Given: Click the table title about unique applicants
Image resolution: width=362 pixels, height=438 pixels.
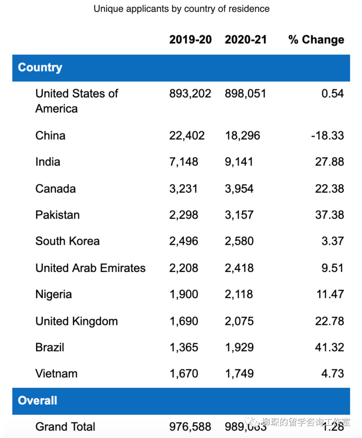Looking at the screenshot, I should click(x=181, y=9).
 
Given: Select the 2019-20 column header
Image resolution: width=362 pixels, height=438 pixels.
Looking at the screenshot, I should click(x=190, y=40).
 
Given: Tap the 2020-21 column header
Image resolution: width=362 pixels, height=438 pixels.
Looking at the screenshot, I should click(x=246, y=40).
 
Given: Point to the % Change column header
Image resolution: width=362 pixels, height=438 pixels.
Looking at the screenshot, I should click(x=316, y=40).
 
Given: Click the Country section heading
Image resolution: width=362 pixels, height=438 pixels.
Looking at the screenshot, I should click(x=40, y=68).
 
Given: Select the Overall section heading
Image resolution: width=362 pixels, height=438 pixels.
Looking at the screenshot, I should click(x=38, y=400).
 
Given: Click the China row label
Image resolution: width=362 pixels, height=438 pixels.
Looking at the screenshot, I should click(x=50, y=136).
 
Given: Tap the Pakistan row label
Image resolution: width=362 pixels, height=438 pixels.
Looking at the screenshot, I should click(x=57, y=215).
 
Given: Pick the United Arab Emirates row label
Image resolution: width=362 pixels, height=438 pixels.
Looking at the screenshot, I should click(x=90, y=268).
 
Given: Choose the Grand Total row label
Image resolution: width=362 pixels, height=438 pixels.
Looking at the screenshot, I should click(x=65, y=427).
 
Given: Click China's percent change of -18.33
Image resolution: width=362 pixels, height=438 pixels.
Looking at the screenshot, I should click(x=327, y=136).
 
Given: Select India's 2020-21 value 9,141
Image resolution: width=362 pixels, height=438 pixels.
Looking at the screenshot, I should click(x=239, y=162).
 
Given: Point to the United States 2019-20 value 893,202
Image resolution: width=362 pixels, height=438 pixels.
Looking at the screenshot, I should click(x=190, y=93).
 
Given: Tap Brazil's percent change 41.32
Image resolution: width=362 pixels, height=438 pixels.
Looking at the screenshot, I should click(x=329, y=347).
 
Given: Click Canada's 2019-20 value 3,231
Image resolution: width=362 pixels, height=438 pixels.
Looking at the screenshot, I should click(x=183, y=189).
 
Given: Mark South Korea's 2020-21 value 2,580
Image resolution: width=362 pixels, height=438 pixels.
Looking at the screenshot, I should click(x=239, y=241).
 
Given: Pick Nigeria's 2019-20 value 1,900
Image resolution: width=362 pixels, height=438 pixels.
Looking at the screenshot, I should click(x=184, y=294).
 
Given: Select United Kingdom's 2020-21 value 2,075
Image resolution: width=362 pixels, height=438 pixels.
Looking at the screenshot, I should click(x=239, y=321).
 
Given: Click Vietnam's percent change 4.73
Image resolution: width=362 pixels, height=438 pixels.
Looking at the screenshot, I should click(x=333, y=374).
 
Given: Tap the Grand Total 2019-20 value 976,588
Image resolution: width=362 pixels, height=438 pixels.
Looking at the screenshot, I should click(x=190, y=427).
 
